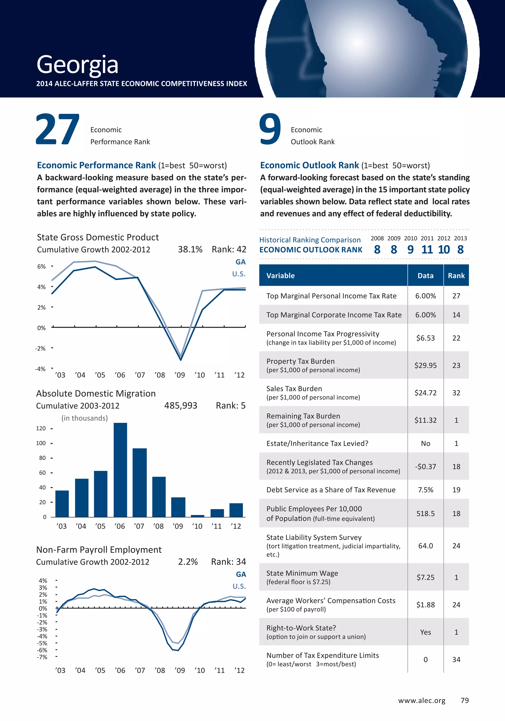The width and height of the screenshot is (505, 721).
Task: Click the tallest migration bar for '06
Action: pyautogui.click(x=120, y=469)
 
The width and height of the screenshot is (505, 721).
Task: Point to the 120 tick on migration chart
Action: pyautogui.click(x=41, y=428)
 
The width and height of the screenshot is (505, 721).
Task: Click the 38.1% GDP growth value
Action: pyautogui.click(x=190, y=249)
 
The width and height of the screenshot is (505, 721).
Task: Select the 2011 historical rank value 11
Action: pyautogui.click(x=427, y=249)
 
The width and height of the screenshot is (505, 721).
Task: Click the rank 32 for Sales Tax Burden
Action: pyautogui.click(x=456, y=393)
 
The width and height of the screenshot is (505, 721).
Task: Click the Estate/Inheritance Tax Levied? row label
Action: pyautogui.click(x=317, y=443)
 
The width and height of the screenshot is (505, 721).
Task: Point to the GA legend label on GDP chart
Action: pyautogui.click(x=240, y=262)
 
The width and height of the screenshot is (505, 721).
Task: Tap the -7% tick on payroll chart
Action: pyautogui.click(x=42, y=657)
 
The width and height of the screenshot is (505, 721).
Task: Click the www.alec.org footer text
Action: pyautogui.click(x=421, y=700)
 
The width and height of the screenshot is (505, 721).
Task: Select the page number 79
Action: pyautogui.click(x=465, y=700)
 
